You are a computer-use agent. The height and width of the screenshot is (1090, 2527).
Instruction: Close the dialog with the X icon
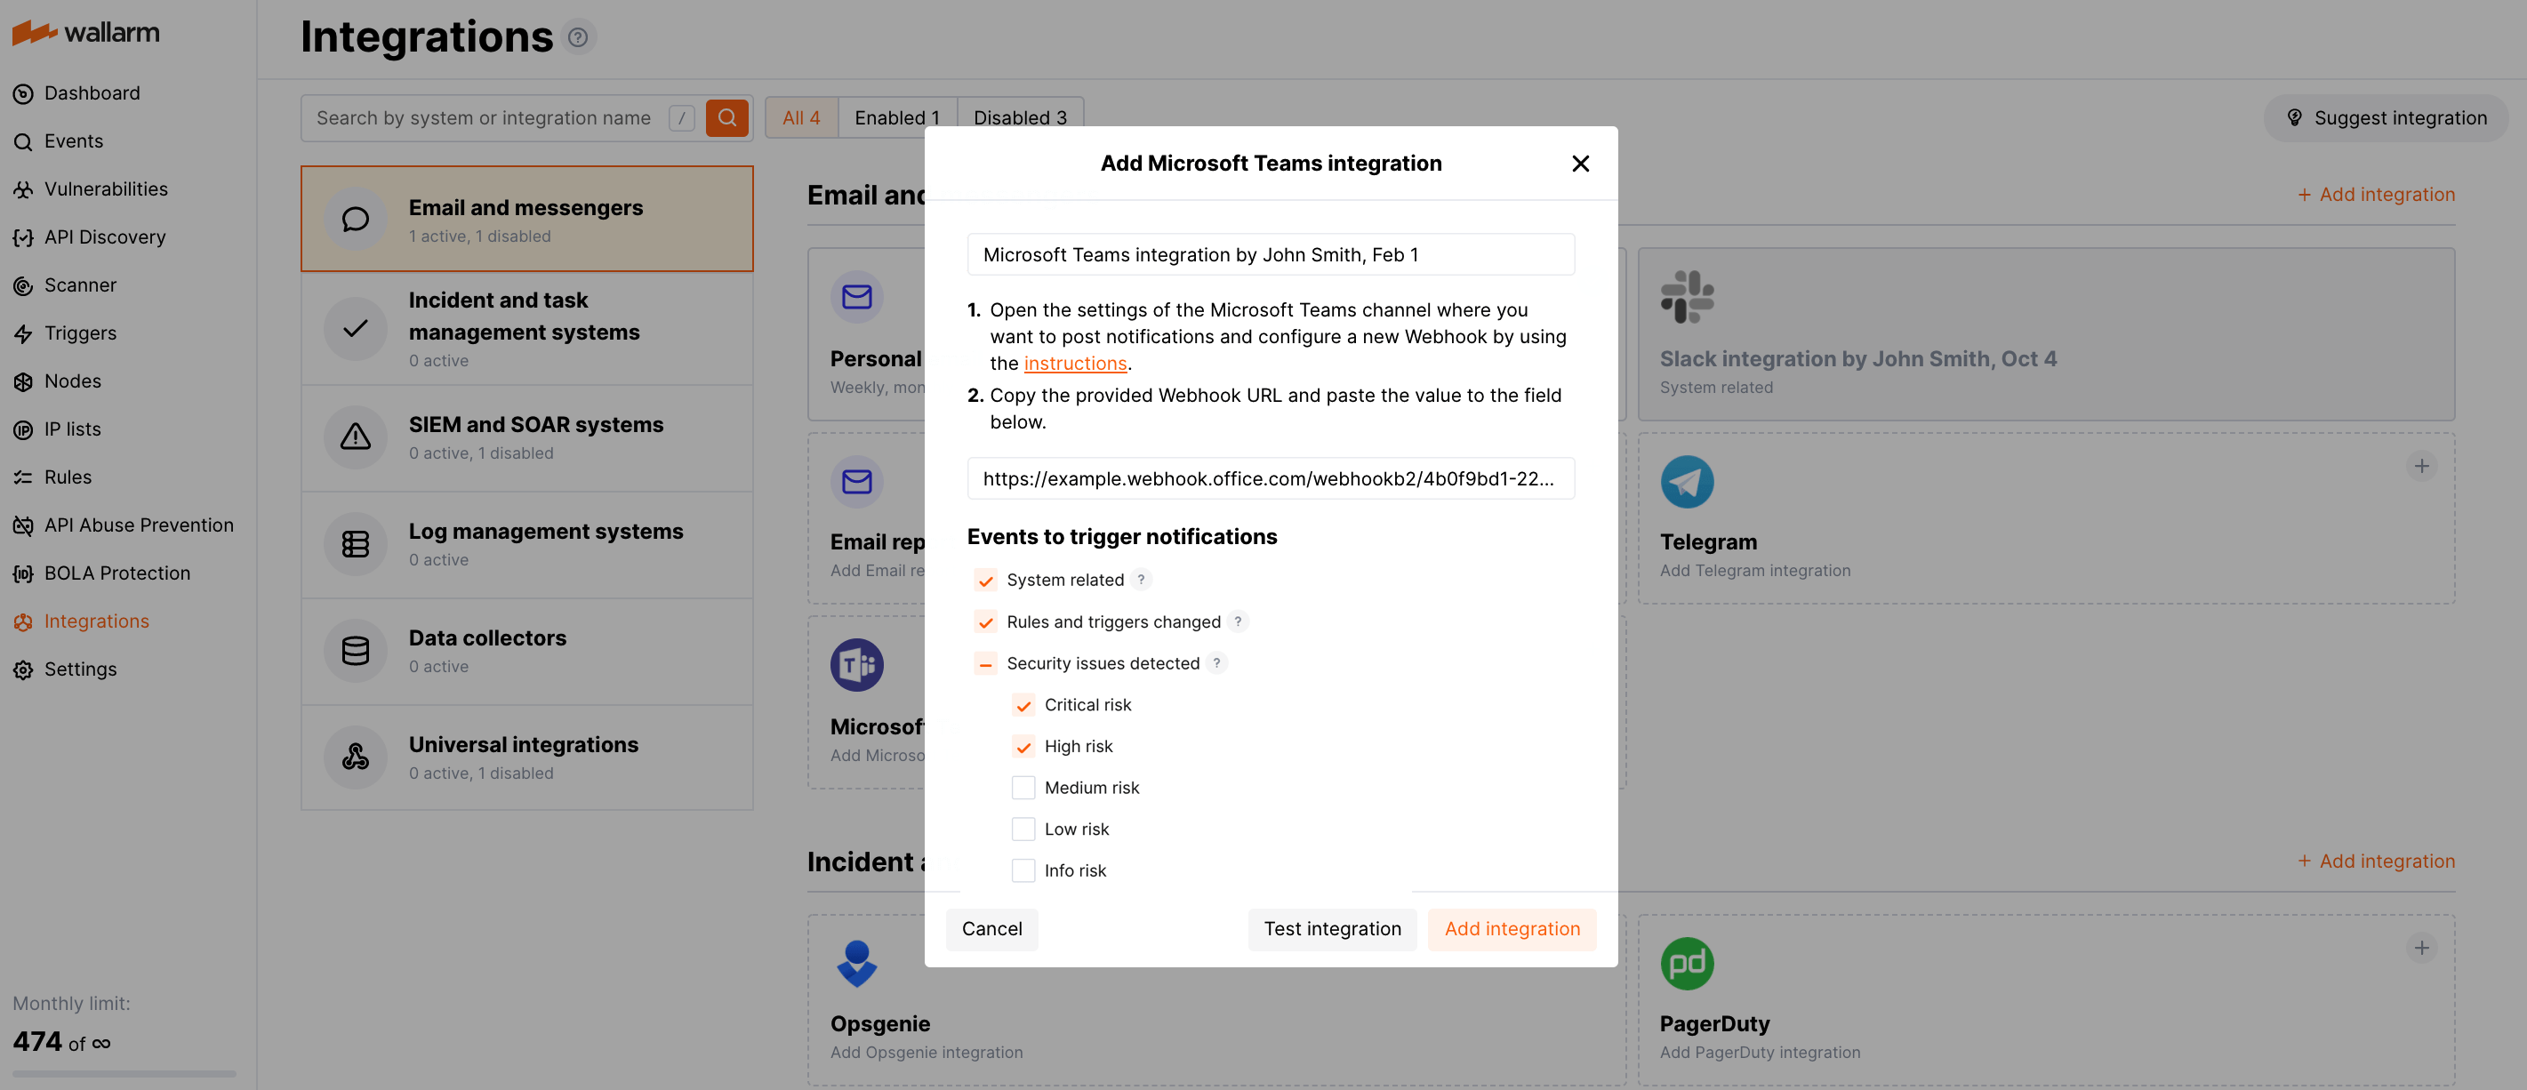[1579, 164]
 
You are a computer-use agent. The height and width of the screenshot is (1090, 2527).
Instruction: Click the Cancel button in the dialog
[991, 928]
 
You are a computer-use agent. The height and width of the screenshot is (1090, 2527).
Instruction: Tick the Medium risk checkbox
[1023, 788]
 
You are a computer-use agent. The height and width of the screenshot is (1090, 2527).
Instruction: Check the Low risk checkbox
[1023, 829]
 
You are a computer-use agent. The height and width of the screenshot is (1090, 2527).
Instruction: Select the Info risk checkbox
[1023, 870]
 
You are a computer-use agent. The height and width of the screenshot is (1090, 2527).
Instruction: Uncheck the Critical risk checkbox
[1023, 705]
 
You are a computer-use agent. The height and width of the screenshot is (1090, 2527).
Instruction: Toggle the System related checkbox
[985, 581]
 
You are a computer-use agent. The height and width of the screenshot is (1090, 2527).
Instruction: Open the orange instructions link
[1074, 363]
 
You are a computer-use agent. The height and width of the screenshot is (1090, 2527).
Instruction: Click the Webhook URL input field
[1270, 479]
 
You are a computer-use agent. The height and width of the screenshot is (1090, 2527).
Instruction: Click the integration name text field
[1270, 255]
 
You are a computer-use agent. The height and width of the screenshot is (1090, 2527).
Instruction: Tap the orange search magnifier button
[727, 117]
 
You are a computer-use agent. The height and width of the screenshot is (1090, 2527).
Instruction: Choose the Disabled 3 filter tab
[1019, 117]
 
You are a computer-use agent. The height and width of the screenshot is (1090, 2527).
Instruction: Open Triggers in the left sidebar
[79, 333]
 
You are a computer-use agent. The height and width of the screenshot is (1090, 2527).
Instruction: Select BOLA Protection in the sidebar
[116, 573]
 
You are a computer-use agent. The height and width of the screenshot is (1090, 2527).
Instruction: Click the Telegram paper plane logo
[1687, 482]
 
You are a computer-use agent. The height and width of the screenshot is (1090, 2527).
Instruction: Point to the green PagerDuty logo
[1687, 964]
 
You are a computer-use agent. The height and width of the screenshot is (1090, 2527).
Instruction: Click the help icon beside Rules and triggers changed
[1238, 621]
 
